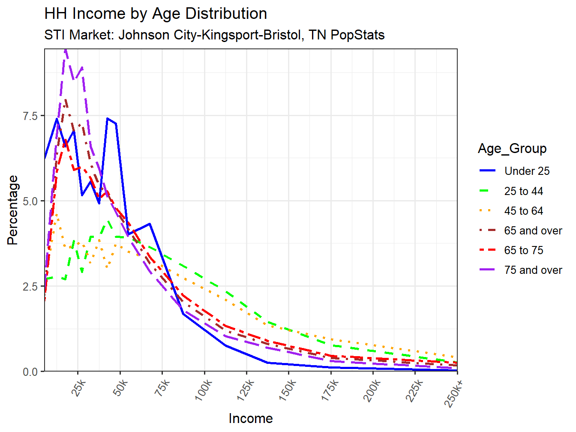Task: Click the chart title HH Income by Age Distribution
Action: (x=156, y=14)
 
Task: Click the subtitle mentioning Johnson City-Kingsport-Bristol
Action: (x=214, y=35)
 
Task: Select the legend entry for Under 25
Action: (x=527, y=171)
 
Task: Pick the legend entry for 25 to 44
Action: (x=523, y=191)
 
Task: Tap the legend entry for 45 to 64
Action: (x=523, y=211)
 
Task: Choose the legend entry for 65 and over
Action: (x=533, y=231)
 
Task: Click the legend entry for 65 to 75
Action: (x=523, y=250)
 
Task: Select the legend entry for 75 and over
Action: (x=533, y=270)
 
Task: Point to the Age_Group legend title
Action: (x=512, y=149)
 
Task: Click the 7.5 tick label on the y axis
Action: (x=30, y=116)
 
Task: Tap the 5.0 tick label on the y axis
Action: (x=30, y=201)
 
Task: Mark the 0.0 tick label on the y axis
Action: (x=30, y=372)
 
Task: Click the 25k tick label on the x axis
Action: (x=79, y=388)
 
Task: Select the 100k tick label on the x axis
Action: (x=203, y=390)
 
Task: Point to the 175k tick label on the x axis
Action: (x=330, y=390)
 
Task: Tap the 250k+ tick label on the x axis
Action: (x=454, y=392)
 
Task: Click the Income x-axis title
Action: (x=251, y=418)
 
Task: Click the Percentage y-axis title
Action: (x=13, y=210)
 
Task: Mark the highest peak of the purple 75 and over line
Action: (x=66, y=50)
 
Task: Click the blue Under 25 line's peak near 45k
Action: (x=108, y=119)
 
